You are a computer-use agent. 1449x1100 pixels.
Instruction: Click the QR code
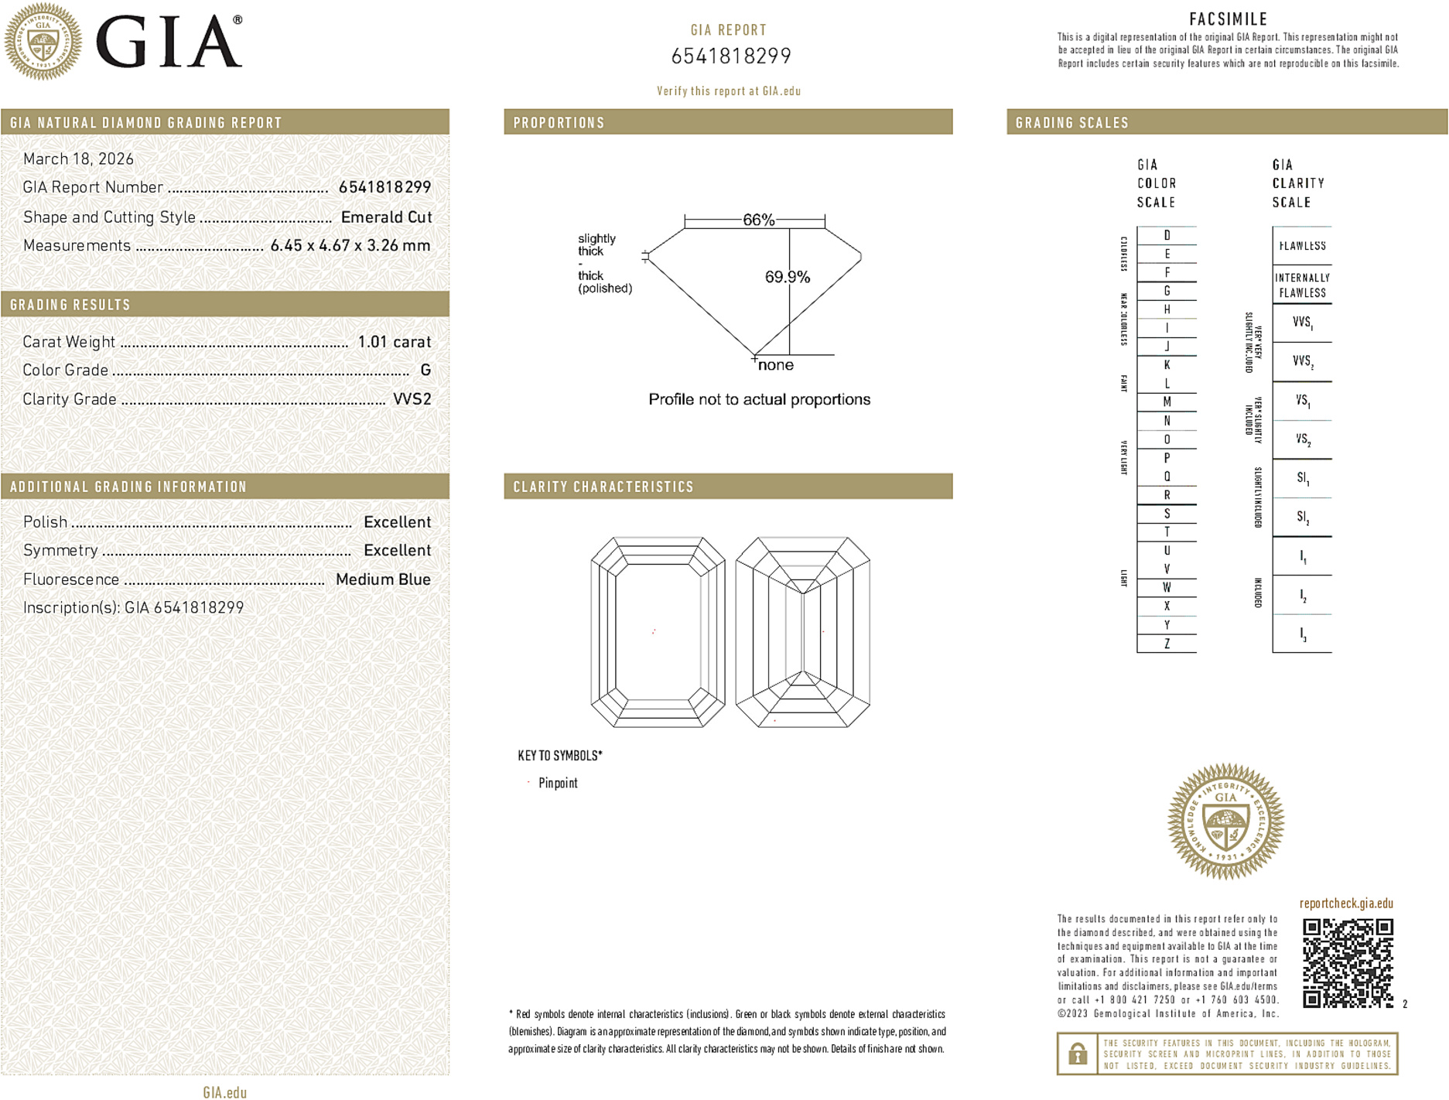click(1348, 963)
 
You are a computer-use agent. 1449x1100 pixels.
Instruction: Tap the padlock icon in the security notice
click(1077, 1054)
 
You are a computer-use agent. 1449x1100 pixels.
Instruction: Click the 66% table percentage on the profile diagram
click(758, 220)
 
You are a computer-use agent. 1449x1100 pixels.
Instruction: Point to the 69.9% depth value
click(787, 277)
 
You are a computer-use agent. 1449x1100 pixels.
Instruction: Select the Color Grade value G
click(425, 371)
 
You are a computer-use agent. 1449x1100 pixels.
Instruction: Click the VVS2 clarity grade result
click(412, 399)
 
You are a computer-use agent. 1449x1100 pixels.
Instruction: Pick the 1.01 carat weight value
click(395, 342)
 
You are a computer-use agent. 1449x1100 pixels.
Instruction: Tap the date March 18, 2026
click(78, 159)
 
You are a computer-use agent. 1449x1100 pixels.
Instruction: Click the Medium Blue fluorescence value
click(383, 579)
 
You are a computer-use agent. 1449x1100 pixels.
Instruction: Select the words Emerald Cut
click(386, 217)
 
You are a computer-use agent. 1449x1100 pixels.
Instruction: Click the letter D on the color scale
click(1167, 235)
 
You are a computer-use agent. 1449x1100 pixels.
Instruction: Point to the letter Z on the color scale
click(1167, 644)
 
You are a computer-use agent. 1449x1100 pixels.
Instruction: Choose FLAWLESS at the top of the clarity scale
click(1302, 246)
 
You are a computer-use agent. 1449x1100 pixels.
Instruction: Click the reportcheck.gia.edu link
click(1346, 904)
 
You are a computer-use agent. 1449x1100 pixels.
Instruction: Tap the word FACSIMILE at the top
click(1228, 19)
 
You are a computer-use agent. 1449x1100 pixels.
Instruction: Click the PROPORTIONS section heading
click(559, 123)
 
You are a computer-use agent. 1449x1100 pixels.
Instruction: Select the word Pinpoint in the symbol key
click(558, 783)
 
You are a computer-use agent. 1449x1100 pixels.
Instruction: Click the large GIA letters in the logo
click(169, 43)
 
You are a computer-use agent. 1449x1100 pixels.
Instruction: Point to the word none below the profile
click(776, 365)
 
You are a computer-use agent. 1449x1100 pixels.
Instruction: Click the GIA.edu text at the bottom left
click(224, 1092)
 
